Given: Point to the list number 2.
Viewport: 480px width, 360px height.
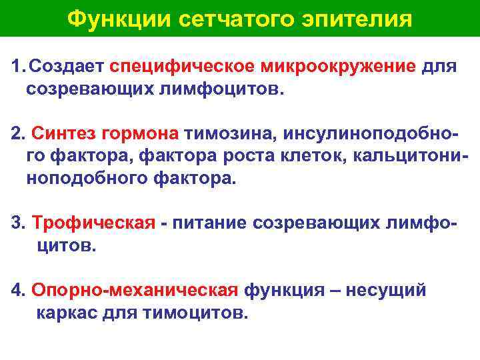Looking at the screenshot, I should point(17,134).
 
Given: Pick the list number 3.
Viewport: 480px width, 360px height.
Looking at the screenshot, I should point(17,223).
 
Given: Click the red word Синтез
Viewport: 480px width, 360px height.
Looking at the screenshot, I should point(62,134).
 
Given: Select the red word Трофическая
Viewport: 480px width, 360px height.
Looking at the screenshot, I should point(93,223).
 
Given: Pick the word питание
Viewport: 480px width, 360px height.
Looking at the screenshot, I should point(209,223).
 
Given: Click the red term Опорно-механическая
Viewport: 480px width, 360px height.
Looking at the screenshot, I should point(134,291).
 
